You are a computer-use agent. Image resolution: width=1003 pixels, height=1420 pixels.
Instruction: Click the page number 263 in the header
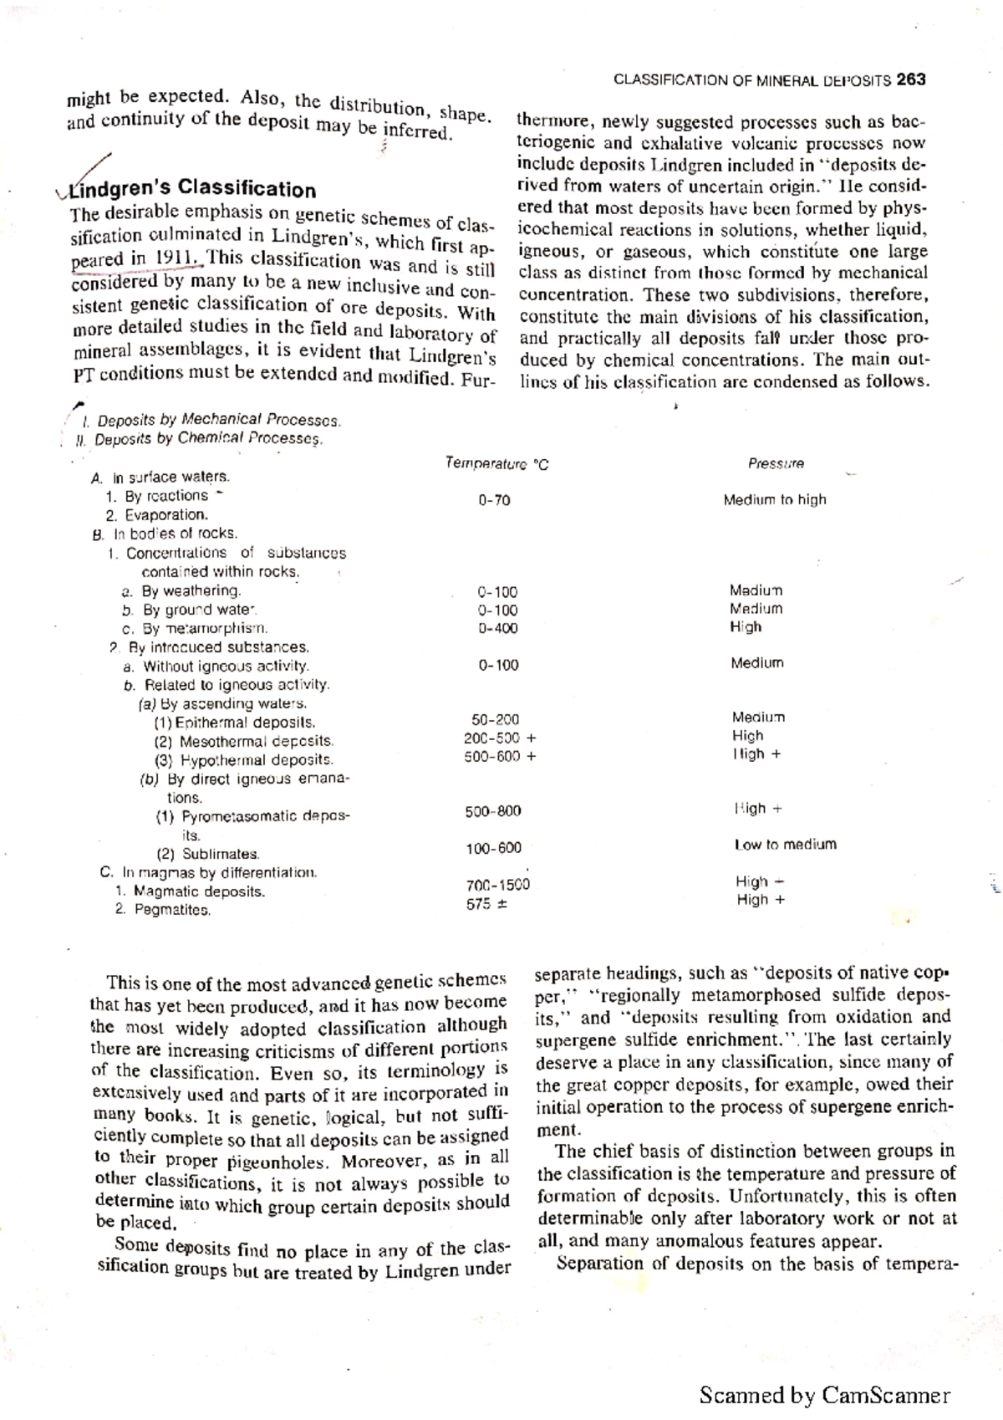point(909,79)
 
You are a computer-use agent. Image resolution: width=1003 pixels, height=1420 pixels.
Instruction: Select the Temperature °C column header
point(496,463)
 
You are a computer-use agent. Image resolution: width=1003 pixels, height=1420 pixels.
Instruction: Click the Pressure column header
point(776,463)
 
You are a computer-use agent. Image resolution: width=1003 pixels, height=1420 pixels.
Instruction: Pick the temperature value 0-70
point(494,500)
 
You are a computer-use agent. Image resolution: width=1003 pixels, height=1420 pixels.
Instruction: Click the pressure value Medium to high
point(774,499)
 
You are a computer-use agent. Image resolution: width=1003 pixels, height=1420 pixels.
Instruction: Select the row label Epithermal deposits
point(235,723)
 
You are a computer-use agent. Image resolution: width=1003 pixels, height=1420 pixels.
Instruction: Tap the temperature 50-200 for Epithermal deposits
point(495,719)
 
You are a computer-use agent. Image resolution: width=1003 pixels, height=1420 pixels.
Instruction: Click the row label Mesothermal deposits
point(244,741)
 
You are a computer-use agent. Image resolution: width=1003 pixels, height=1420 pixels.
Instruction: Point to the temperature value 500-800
point(493,810)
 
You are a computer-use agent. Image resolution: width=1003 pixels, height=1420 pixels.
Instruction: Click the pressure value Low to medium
point(785,845)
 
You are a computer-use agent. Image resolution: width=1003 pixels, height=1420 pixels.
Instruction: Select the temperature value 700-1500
point(497,885)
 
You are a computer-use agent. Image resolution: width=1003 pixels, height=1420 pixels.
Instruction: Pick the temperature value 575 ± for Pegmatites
point(487,903)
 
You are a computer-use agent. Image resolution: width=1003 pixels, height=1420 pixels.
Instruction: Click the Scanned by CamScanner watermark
point(824,1395)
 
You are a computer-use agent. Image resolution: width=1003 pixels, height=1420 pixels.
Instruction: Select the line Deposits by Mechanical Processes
point(216,420)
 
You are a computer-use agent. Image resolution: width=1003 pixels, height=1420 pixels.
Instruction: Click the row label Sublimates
point(209,854)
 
